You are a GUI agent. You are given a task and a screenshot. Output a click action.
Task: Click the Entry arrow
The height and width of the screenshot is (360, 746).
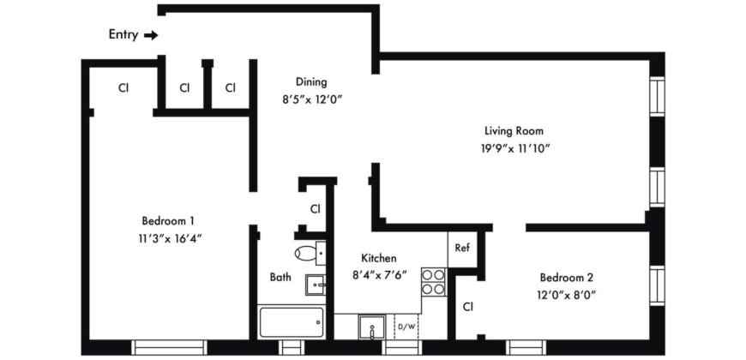coord(151,35)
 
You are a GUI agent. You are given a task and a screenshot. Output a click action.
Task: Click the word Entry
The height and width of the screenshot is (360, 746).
coord(123,35)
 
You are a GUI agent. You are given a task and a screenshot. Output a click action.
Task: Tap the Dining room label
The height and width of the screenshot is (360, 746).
coord(311,82)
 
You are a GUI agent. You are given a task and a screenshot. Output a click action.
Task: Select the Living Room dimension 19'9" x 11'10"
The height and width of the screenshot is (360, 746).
coord(514,148)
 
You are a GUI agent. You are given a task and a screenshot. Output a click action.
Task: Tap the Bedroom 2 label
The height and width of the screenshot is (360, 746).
coord(567,278)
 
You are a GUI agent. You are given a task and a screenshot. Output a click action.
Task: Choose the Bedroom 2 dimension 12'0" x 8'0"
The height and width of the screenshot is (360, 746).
coord(567,295)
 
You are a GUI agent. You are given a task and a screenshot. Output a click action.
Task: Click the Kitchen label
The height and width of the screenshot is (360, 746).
coord(378,257)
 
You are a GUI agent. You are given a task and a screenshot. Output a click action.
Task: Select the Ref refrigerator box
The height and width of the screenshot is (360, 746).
coord(461,249)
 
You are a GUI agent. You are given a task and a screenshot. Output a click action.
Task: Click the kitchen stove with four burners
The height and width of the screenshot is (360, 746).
coord(434,282)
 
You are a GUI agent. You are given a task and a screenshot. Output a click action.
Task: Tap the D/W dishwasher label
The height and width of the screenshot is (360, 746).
coord(405,326)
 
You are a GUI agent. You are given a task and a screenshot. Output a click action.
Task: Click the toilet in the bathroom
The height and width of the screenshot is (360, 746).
coord(306,253)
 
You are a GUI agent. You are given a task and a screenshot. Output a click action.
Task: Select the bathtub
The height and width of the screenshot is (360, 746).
coord(291,322)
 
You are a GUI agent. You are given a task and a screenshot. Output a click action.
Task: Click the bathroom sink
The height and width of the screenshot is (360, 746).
coord(316,284)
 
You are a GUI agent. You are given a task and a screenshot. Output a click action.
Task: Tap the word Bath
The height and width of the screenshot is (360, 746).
coord(280,278)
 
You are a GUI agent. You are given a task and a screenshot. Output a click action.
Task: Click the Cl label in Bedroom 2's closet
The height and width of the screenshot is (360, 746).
coord(469,306)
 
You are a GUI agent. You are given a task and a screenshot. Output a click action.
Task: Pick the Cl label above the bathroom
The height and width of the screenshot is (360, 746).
coord(315,208)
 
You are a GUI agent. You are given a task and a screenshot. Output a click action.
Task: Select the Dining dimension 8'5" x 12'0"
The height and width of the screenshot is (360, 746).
coord(311,99)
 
